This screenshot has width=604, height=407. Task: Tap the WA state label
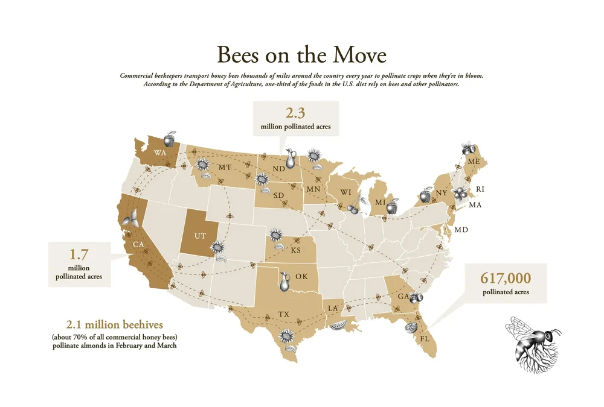[160, 153]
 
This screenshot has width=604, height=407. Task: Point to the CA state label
[138, 245]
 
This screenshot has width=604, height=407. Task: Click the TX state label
[283, 314]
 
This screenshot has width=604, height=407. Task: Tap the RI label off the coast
[480, 189]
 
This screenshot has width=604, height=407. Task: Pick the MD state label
[461, 230]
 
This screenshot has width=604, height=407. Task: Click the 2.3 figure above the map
[296, 113]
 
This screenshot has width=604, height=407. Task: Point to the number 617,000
[506, 278]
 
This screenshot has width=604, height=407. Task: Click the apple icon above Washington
[171, 140]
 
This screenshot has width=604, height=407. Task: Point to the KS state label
[295, 250]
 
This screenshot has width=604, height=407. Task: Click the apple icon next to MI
[391, 207]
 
